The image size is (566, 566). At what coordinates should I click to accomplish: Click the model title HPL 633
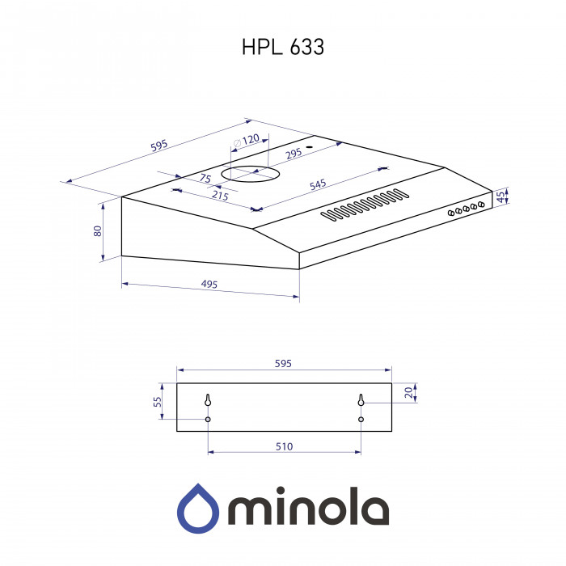click(283, 48)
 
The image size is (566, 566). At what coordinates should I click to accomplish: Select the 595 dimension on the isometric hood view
click(158, 146)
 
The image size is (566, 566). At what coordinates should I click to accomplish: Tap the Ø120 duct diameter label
click(247, 140)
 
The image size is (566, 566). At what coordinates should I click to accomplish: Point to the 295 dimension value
click(292, 153)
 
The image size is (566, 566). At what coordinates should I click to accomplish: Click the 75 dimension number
click(205, 178)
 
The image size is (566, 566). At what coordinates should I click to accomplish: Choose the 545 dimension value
click(318, 185)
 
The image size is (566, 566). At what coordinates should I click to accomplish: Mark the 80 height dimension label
click(98, 230)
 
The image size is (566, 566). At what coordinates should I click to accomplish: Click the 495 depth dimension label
click(209, 285)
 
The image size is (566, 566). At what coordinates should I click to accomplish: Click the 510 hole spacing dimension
click(284, 446)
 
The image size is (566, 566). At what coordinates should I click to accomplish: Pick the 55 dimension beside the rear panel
click(158, 401)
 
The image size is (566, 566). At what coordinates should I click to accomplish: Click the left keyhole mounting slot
click(208, 400)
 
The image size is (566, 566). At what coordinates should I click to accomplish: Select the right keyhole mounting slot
click(361, 400)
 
